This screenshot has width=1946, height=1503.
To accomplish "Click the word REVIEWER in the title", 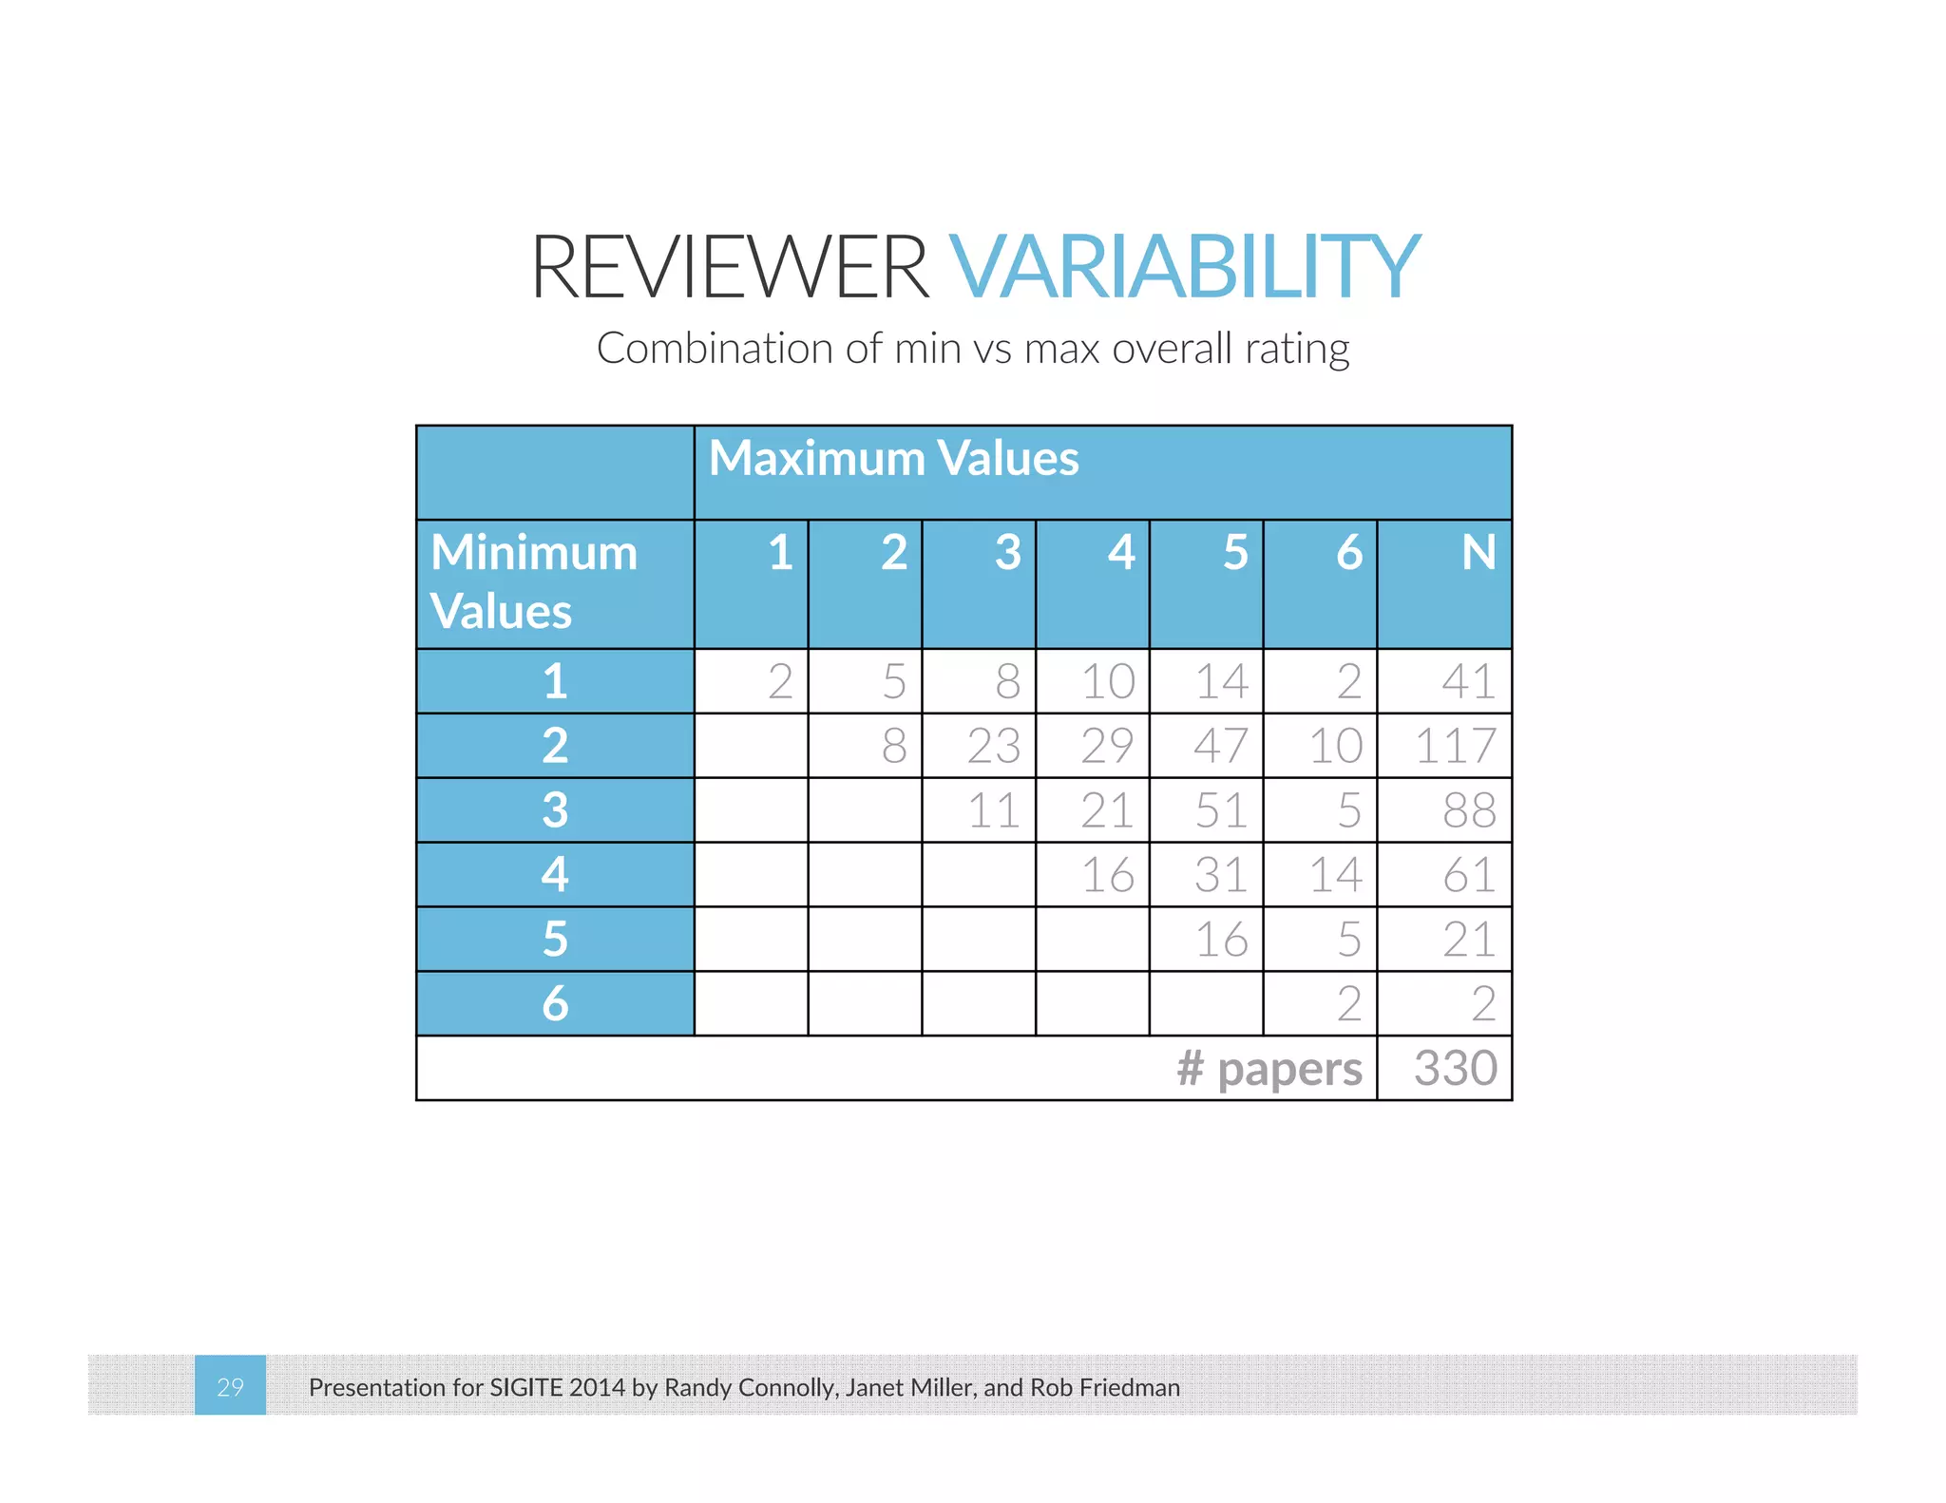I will [x=729, y=267].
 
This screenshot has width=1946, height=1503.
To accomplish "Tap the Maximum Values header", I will [x=893, y=458].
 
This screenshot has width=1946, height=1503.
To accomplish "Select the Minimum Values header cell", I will [x=533, y=581].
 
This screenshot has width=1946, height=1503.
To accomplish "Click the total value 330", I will [x=1455, y=1068].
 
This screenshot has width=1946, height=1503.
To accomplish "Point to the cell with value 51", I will [x=1221, y=810].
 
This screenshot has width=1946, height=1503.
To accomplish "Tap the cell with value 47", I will [x=1221, y=746].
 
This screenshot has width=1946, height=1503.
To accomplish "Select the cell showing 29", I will [x=1107, y=746].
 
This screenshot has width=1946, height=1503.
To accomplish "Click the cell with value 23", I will [x=993, y=746].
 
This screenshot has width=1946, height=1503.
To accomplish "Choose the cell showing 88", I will [x=1468, y=810].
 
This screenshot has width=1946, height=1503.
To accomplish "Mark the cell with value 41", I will [x=1468, y=681].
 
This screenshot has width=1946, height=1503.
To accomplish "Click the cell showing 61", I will [x=1468, y=875].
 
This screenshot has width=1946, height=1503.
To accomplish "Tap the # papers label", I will [x=1269, y=1069].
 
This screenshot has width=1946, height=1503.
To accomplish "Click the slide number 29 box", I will [x=230, y=1386].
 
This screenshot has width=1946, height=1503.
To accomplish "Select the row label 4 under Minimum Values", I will [x=555, y=875].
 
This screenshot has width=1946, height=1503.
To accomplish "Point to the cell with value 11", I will [x=993, y=810].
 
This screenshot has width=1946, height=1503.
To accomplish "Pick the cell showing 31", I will [x=1221, y=875].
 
